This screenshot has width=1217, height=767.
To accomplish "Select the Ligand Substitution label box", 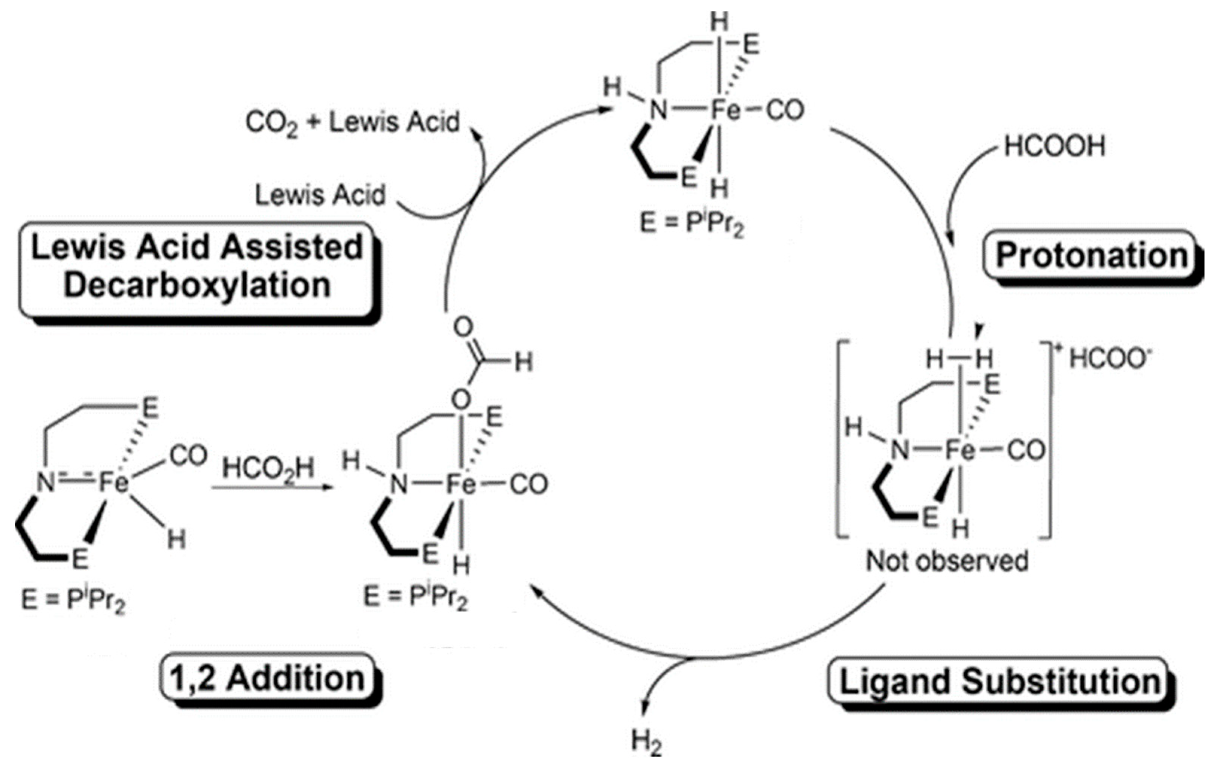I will tap(1000, 682).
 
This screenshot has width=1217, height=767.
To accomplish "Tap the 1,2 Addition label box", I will tap(268, 679).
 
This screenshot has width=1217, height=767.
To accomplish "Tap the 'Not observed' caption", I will tap(947, 561).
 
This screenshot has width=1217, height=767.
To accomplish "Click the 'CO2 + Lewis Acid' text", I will tap(352, 122).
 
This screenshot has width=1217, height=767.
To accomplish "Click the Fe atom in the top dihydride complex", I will tap(725, 110).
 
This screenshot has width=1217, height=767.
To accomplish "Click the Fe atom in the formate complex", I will tap(460, 485).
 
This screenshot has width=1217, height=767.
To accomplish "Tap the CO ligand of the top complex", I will tap(785, 110).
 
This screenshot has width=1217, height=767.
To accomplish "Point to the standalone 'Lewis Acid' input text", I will tap(320, 195).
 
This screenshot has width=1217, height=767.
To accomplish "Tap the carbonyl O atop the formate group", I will tap(463, 326).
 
